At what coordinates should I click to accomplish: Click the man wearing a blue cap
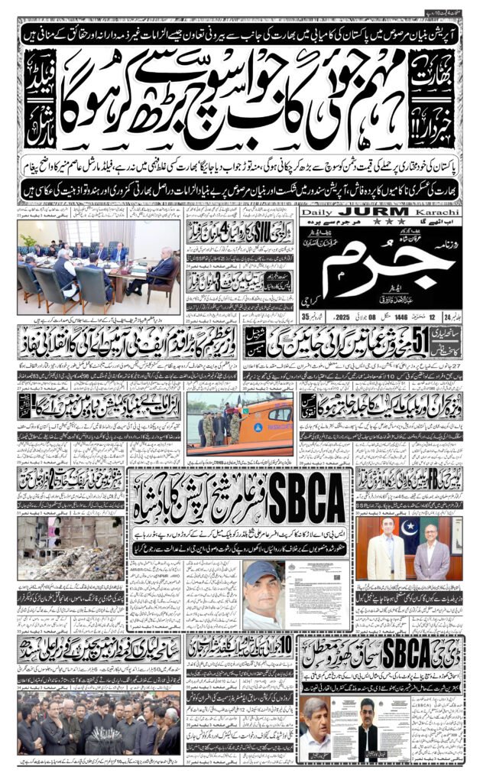click(264, 590)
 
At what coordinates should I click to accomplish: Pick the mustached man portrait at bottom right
click(321, 730)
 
